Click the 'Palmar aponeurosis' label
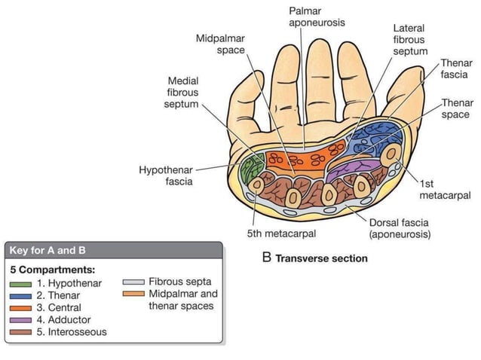[317, 17]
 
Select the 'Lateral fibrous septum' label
[409, 39]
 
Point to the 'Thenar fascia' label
[454, 69]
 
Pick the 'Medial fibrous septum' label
[183, 92]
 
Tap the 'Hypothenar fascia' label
[165, 175]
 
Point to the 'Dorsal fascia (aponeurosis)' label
[399, 228]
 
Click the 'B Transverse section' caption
[314, 258]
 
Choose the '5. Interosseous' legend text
[72, 332]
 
